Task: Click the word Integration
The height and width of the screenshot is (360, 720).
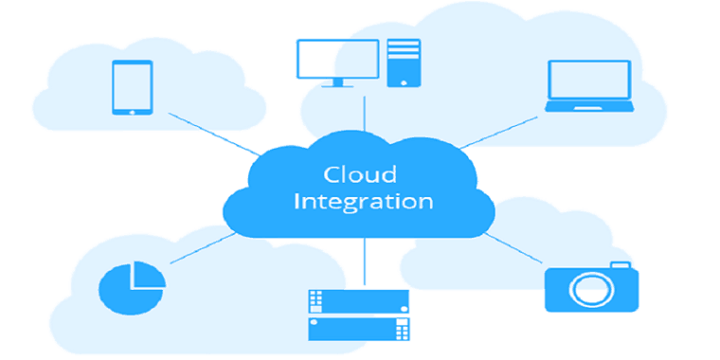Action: pos(364,202)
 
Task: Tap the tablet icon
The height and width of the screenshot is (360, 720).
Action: pos(134,88)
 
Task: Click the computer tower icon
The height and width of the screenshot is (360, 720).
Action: pos(402,63)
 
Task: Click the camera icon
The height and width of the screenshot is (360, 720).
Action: pos(590,286)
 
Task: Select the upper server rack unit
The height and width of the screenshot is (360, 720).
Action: pos(359,301)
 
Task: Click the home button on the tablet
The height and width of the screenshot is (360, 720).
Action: pos(134,110)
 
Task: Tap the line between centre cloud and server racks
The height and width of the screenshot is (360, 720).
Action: pos(364,261)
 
